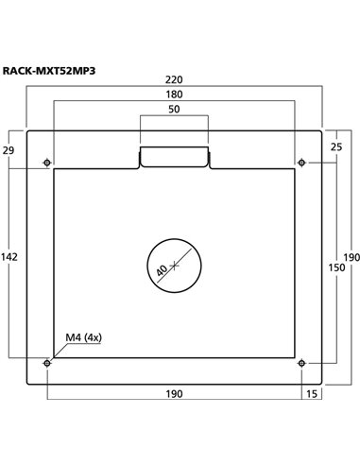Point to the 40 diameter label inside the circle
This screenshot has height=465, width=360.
point(163,270)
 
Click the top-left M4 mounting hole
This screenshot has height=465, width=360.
point(48,163)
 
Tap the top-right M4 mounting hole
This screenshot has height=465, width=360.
point(300,163)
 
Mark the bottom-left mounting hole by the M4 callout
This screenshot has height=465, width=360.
point(48,362)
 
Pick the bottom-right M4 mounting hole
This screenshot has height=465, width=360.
point(300,362)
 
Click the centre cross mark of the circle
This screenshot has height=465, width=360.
point(175,266)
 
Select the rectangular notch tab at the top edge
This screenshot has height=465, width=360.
point(174,157)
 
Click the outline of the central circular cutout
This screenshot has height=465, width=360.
point(201,266)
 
